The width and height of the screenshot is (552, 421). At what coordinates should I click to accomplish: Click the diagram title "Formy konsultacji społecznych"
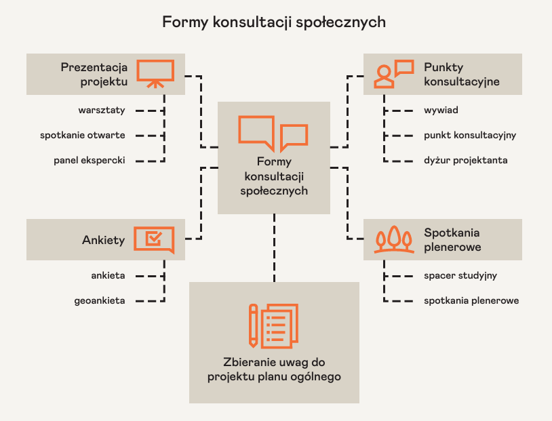tap(274, 22)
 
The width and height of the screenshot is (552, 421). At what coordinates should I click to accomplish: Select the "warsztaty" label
tap(101, 110)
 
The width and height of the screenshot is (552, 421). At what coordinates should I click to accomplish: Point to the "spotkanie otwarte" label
tap(82, 135)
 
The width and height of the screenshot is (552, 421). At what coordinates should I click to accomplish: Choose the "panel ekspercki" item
tap(90, 160)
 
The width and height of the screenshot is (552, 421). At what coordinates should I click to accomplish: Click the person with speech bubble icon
tap(393, 74)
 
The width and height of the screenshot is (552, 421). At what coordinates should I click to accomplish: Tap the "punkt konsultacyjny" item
tap(470, 135)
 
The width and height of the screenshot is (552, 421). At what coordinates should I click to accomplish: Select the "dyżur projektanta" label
tap(465, 160)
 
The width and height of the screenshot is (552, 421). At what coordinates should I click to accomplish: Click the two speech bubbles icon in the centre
tap(273, 133)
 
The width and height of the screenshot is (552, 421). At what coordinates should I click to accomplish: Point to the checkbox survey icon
tap(155, 239)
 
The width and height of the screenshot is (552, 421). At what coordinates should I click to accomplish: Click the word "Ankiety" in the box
tap(103, 240)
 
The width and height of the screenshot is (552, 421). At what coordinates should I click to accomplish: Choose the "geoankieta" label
tap(99, 300)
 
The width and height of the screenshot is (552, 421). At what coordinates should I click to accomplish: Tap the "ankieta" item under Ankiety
tap(108, 276)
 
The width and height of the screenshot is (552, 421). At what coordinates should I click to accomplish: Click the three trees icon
tap(394, 239)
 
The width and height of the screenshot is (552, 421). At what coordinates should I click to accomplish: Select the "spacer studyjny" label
tap(460, 276)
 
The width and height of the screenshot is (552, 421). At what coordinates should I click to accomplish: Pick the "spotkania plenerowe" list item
tap(471, 300)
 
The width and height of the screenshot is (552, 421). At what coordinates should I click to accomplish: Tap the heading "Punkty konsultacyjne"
tap(461, 74)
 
